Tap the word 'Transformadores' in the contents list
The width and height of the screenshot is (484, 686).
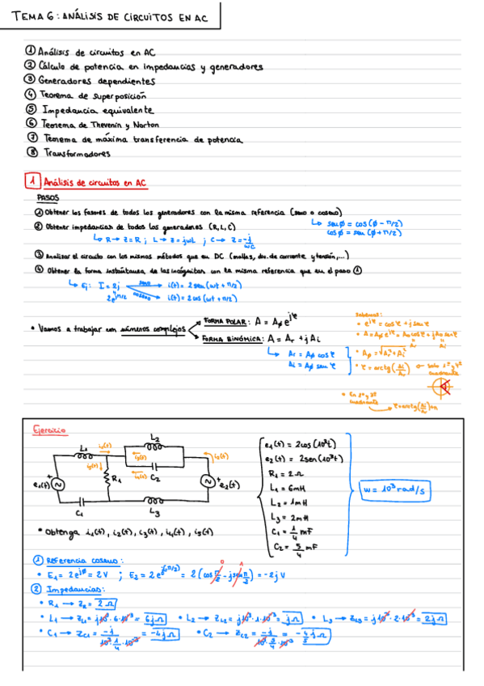[x=77, y=152]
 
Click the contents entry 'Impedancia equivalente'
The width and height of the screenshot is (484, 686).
[x=97, y=108]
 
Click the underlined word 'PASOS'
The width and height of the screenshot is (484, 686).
[x=48, y=197]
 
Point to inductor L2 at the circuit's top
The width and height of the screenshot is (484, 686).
[x=154, y=444]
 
